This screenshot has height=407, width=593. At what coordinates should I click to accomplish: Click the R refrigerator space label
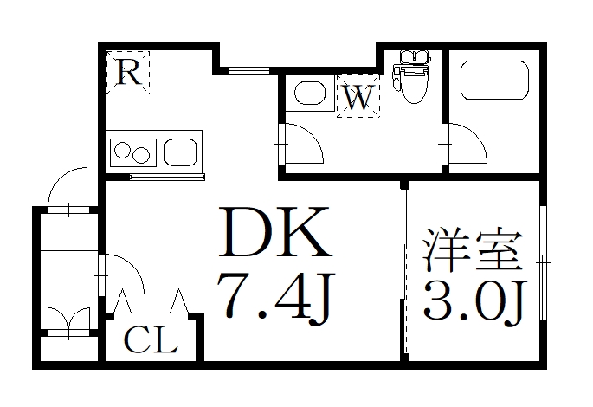(128, 72)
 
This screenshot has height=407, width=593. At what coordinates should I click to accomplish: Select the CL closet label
(150, 340)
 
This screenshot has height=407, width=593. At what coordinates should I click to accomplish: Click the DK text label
(276, 234)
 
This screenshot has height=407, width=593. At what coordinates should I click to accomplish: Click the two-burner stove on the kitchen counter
(132, 153)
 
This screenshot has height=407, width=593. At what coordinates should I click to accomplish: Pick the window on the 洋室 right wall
(543, 261)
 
